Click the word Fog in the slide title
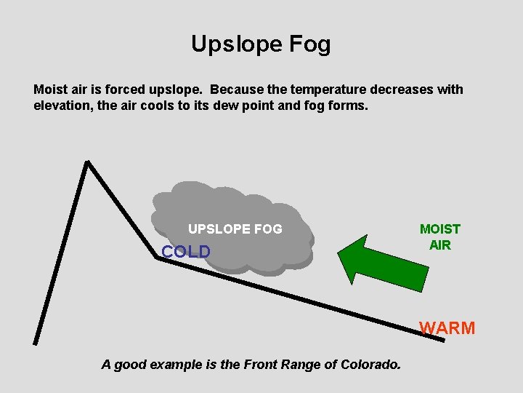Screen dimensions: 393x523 point(308,44)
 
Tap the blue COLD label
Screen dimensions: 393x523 point(186,252)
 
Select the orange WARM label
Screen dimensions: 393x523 point(447,328)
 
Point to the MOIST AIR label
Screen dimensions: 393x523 point(440,237)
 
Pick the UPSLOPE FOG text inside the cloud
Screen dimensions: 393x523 point(235,229)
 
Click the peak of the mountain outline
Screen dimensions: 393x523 point(87,163)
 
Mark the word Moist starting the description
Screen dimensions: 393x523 point(51,90)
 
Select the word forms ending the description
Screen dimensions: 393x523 point(349,106)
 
